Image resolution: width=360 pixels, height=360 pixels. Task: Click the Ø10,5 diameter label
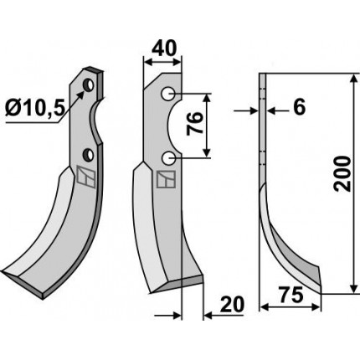[35, 108]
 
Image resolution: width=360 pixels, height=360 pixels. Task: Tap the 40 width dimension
[168, 48]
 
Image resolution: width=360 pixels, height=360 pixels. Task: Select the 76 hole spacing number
[194, 123]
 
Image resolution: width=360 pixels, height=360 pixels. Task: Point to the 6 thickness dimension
[299, 107]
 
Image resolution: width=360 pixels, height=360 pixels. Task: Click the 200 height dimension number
[342, 173]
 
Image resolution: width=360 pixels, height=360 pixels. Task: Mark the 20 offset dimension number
[232, 305]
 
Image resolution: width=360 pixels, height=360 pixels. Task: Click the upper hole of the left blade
[89, 85]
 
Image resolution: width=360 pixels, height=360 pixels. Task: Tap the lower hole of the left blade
[90, 154]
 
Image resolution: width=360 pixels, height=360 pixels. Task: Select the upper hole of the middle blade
[168, 94]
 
